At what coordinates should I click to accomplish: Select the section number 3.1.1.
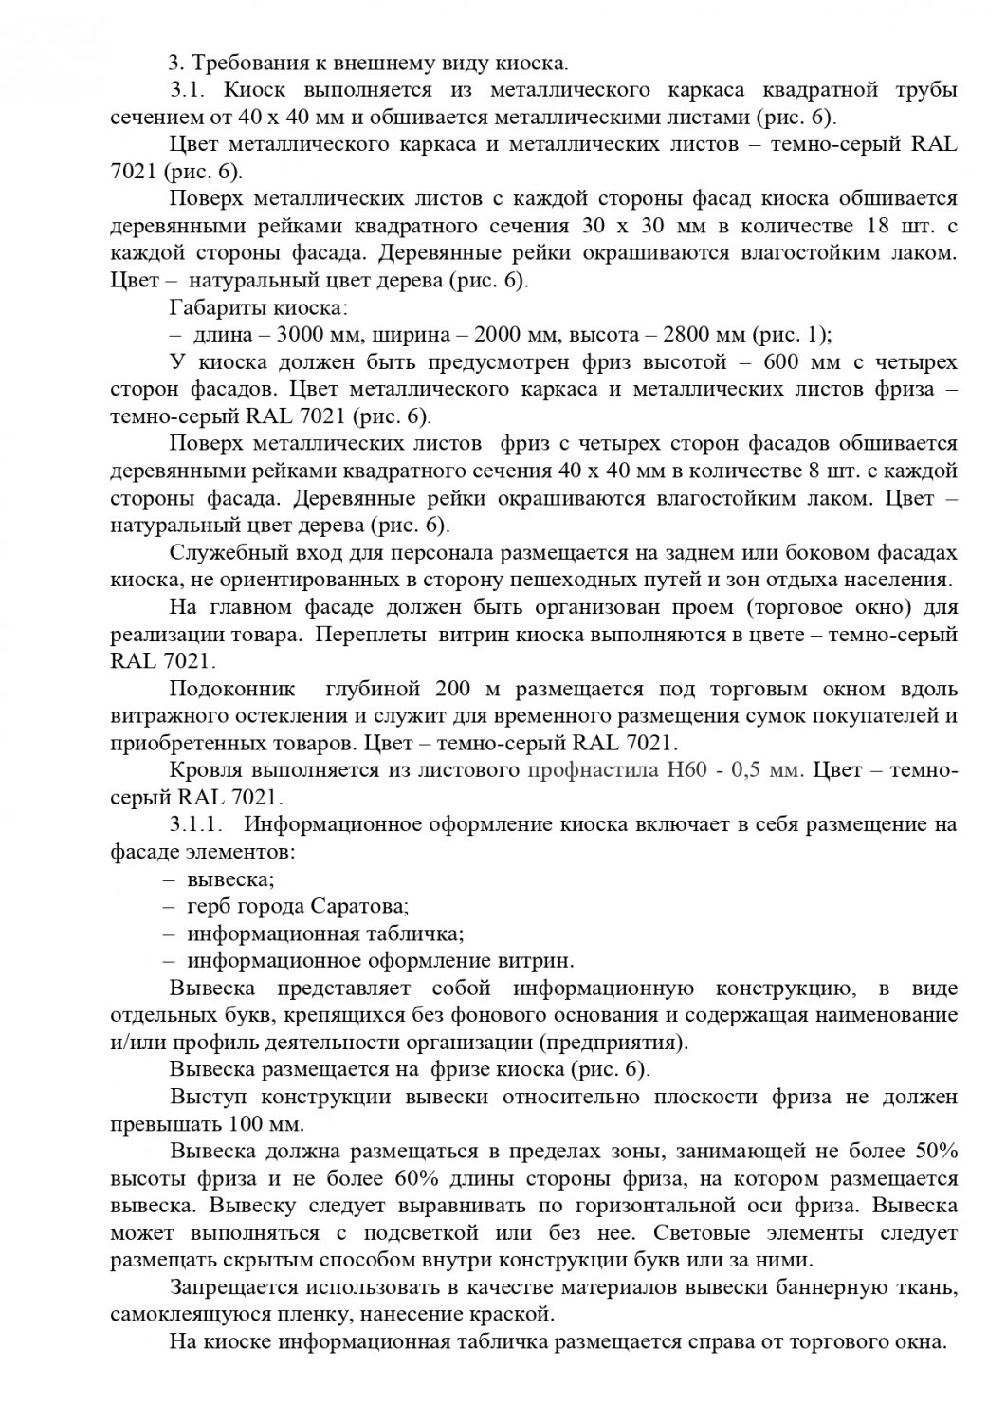pos(196,824)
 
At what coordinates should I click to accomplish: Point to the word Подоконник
pos(232,689)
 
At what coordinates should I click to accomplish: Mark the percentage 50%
pos(934,1152)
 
